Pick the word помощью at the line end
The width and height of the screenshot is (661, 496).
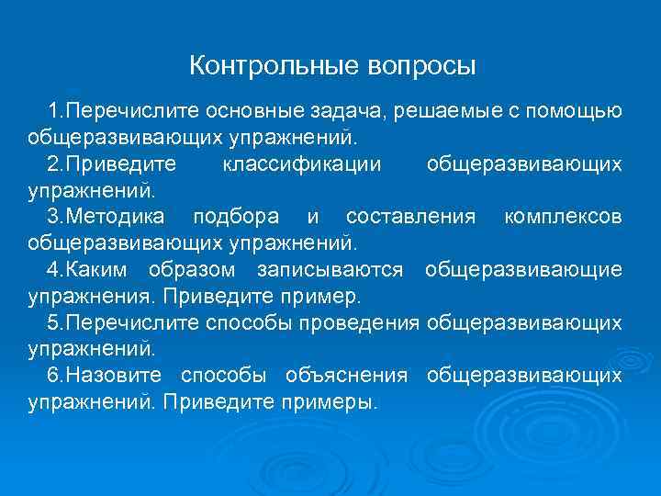point(578,111)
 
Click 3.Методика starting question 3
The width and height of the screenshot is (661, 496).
point(107,218)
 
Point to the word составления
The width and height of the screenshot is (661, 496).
point(410,218)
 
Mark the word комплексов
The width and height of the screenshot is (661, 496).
point(563,218)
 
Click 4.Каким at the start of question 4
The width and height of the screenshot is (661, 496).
point(90,270)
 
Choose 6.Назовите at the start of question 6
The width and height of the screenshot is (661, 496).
point(106,377)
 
